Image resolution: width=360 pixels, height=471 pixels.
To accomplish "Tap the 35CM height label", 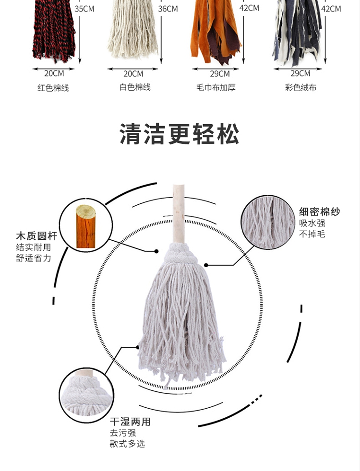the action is point(84,9).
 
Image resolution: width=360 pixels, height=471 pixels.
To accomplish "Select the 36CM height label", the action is point(168,9).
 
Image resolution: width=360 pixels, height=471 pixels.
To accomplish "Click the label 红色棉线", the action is point(53,88).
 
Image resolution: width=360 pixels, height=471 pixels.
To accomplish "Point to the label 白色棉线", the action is point(135,87).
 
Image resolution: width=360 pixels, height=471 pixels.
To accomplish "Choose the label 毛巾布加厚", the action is point(216,88).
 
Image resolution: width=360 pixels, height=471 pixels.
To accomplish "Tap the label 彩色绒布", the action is point(300,88).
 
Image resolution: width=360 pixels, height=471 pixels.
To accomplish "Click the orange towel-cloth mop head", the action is point(216,32).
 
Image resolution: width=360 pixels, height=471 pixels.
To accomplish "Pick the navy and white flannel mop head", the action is point(297,33).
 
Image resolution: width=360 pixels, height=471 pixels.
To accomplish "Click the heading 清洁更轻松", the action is point(180,134).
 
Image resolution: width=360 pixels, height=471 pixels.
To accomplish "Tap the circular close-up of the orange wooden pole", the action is point(86,225).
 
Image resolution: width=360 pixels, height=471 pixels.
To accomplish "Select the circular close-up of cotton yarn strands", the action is point(268,223).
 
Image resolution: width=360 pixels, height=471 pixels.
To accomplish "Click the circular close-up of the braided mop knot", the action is point(86,395).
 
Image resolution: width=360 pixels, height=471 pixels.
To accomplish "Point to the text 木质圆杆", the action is point(36,236).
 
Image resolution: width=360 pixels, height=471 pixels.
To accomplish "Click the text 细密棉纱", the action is point(319,212).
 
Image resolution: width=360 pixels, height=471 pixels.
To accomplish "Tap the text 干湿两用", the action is point(130,422).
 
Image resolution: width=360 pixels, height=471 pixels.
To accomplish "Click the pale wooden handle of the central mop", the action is point(179,214).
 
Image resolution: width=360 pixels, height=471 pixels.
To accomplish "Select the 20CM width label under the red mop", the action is point(54,73).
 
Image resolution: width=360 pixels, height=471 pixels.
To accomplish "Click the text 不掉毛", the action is point(312,234).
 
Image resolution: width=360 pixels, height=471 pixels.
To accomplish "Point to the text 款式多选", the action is point(127,444).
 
